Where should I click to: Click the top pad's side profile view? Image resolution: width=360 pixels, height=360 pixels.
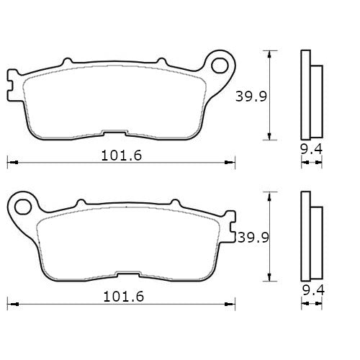click(309, 95)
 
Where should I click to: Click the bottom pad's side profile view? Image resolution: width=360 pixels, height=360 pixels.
click(309, 238)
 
